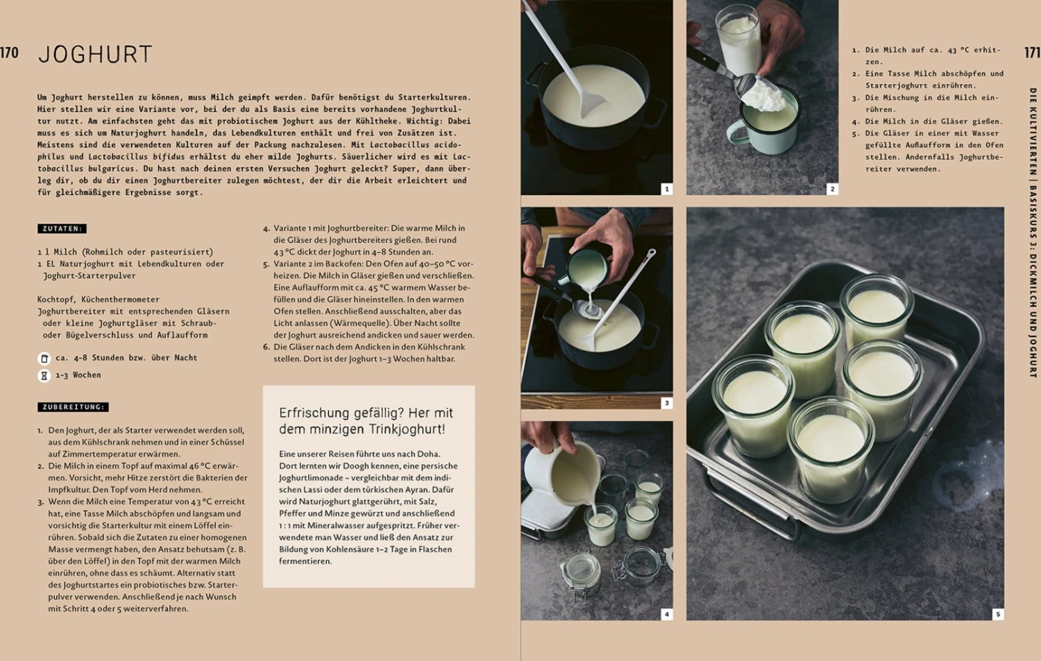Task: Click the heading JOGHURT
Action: [x=95, y=55]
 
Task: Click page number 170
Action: [x=9, y=53]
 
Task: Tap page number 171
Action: [x=1032, y=53]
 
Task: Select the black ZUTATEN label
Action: [x=62, y=228]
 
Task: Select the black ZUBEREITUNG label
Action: [x=73, y=407]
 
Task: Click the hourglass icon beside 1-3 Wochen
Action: [x=44, y=375]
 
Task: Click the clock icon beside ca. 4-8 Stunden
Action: [x=44, y=358]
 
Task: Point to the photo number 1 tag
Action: [x=666, y=189]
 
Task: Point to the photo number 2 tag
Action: [x=832, y=189]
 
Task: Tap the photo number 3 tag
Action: [x=666, y=403]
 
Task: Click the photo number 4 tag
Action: [x=666, y=614]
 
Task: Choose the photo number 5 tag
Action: [x=998, y=614]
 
